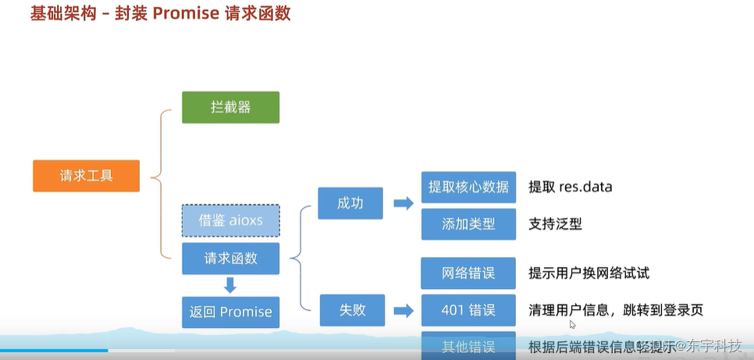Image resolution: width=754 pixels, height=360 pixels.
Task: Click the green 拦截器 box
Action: (x=230, y=107)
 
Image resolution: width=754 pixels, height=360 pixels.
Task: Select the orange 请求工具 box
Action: (x=86, y=176)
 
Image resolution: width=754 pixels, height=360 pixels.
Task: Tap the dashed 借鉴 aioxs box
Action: (x=230, y=221)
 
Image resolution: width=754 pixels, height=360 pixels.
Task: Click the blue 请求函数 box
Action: (x=230, y=258)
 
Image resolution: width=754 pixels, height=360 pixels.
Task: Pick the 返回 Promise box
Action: (x=230, y=312)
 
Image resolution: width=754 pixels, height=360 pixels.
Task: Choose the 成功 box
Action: (x=350, y=203)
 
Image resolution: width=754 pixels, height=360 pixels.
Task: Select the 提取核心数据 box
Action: (x=468, y=187)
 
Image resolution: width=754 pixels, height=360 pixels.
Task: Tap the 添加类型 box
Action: (x=468, y=223)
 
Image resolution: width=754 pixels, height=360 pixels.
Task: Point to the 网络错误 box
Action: (x=468, y=273)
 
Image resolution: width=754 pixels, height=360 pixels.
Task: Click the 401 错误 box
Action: (x=468, y=310)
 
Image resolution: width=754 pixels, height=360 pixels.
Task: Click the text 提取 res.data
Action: (x=571, y=187)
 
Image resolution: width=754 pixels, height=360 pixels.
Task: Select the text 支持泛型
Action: (x=555, y=223)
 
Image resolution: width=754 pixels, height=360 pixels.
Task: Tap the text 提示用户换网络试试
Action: (x=589, y=273)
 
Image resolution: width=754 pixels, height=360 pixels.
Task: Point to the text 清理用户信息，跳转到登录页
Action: (x=616, y=310)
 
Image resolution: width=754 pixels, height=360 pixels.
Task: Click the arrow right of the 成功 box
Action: (x=403, y=203)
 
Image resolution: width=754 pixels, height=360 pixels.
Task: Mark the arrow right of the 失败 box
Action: (x=403, y=311)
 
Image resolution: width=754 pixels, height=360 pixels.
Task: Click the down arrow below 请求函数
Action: (x=230, y=285)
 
